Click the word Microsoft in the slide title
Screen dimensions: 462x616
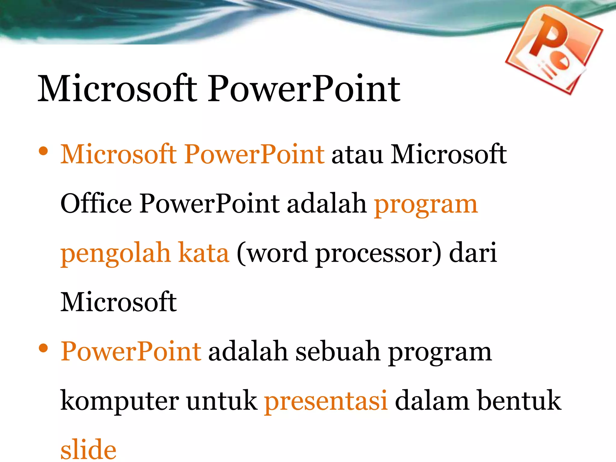pos(117,89)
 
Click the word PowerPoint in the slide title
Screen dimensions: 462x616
pos(304,89)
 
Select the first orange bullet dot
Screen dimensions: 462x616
pos(43,152)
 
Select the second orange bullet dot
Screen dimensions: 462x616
pos(43,348)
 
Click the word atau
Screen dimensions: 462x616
pos(357,155)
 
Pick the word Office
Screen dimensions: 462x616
pos(96,204)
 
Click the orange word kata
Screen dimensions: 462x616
pos(204,253)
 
